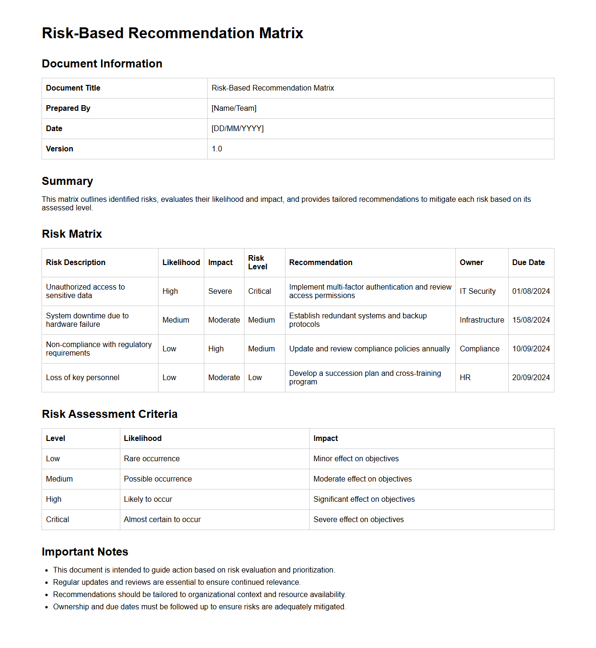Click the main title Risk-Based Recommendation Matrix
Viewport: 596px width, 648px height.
[x=172, y=33]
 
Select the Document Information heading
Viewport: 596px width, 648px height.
[x=102, y=64]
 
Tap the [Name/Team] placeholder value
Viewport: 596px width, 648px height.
[x=234, y=108]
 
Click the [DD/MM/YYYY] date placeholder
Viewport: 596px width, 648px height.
[x=237, y=129]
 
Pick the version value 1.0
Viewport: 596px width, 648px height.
[x=217, y=149]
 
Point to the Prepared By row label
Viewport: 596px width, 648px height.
[x=68, y=108]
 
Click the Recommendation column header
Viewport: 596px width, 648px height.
[x=320, y=263]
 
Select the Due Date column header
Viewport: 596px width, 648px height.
[x=528, y=263]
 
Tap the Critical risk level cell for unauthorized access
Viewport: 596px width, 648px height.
[x=260, y=291]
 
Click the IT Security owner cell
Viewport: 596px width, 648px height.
[x=478, y=291]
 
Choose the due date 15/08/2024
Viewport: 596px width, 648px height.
[x=531, y=320]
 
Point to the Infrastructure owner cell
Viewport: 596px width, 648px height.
[x=481, y=320]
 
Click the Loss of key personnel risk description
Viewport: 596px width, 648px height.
[x=83, y=378]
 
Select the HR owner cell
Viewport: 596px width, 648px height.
[x=465, y=378]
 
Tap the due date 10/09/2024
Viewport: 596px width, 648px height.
[x=531, y=349]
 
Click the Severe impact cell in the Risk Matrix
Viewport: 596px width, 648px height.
[x=220, y=291]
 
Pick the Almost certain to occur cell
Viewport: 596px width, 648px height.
[x=162, y=520]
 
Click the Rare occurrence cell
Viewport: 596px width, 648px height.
[x=151, y=459]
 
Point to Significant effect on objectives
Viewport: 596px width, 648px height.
[x=364, y=499]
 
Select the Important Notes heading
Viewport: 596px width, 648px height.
[x=85, y=552]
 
